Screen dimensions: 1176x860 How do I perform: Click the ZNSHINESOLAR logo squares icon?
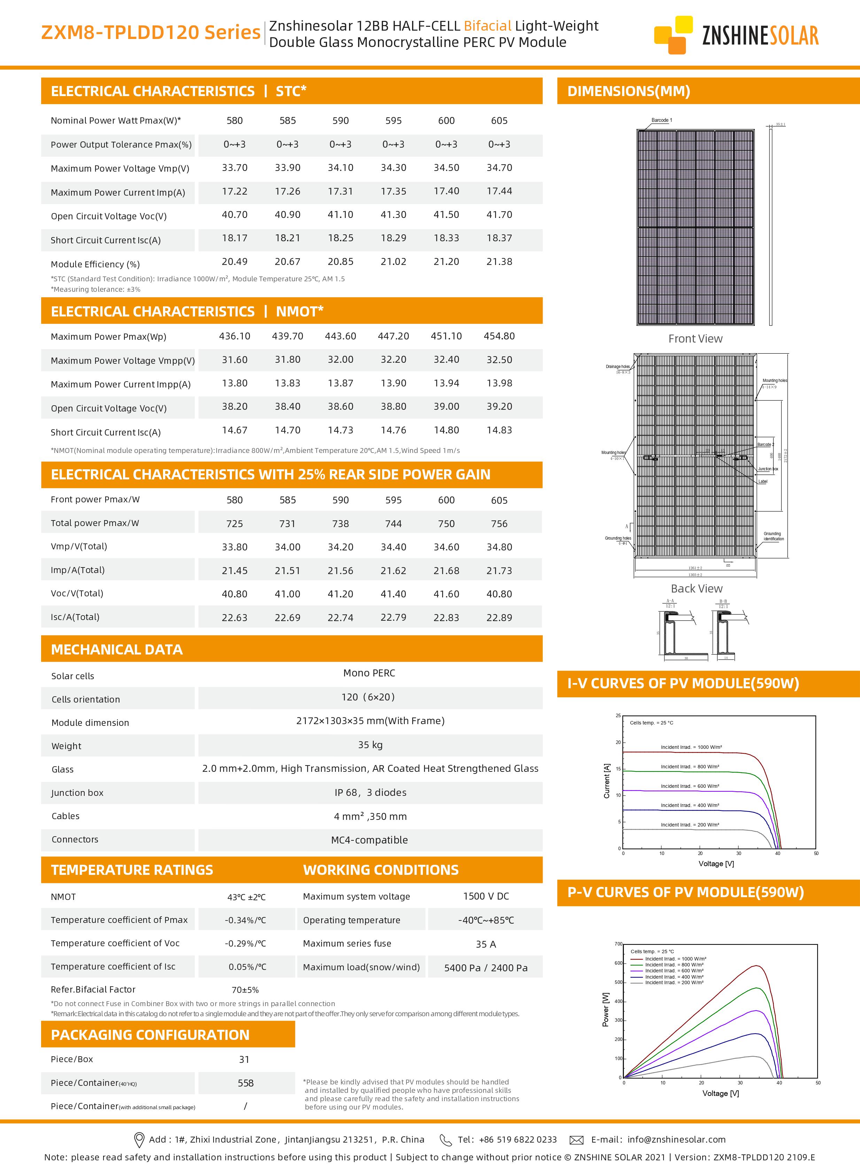[x=673, y=35]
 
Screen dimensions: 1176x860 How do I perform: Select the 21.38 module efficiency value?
[x=499, y=262]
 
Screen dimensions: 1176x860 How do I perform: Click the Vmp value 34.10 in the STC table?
[x=340, y=167]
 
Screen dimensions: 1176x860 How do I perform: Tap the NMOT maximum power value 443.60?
[x=340, y=336]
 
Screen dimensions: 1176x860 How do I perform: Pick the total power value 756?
[x=499, y=524]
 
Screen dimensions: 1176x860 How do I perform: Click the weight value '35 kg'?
[x=370, y=745]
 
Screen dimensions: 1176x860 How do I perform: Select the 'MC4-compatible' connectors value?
[x=369, y=840]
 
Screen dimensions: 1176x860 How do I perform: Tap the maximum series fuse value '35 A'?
[x=485, y=944]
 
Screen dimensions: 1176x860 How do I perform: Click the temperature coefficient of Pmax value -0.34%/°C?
[x=245, y=920]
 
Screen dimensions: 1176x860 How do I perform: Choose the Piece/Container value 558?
[x=245, y=1083]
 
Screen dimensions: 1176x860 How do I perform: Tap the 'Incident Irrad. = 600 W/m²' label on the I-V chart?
[x=690, y=786]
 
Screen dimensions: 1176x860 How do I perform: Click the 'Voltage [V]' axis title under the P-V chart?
[x=720, y=1093]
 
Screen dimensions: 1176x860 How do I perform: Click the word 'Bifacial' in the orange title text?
[x=487, y=26]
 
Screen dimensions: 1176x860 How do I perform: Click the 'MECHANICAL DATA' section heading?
[x=117, y=649]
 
